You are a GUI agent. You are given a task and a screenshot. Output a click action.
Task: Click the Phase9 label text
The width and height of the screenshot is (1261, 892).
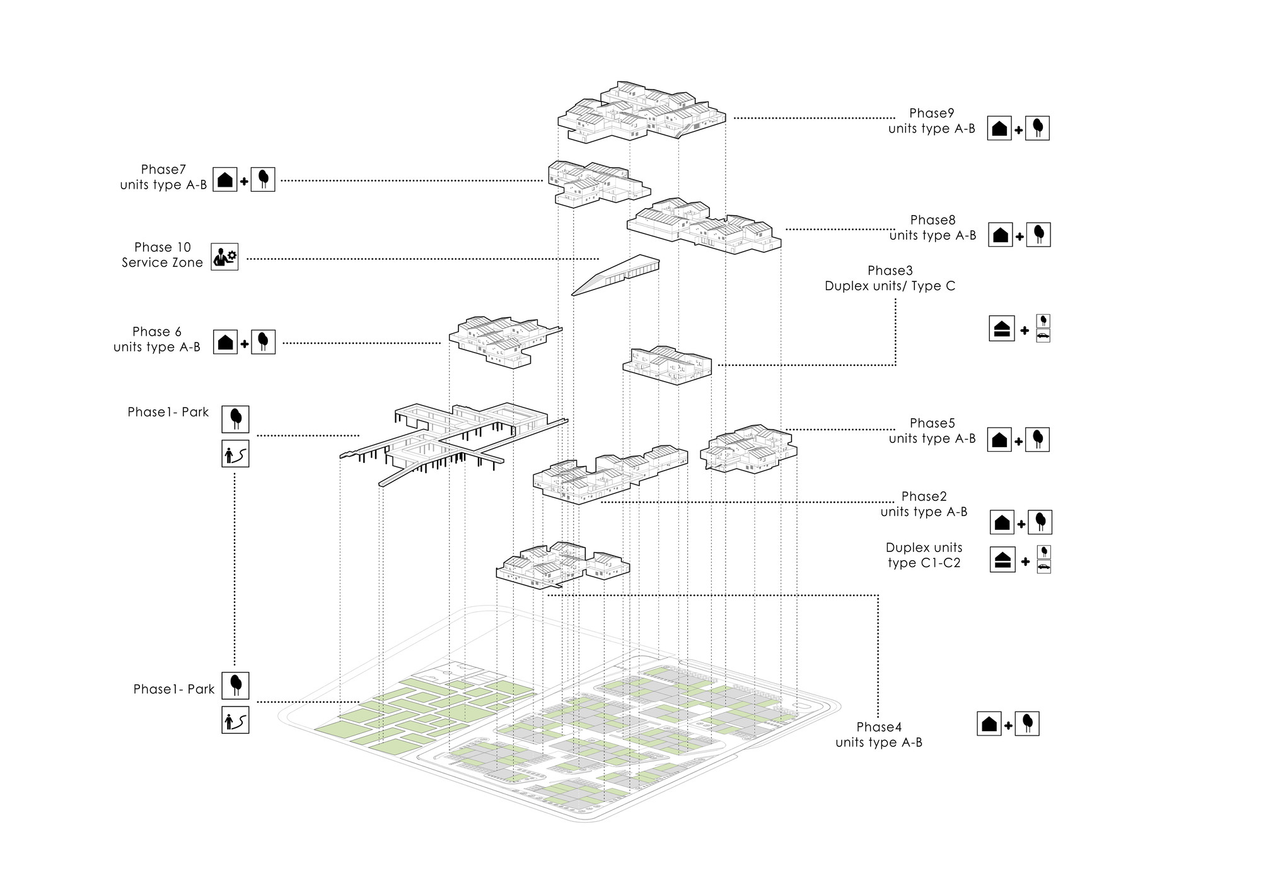931,121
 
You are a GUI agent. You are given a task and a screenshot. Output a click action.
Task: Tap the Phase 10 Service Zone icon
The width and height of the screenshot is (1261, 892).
224,257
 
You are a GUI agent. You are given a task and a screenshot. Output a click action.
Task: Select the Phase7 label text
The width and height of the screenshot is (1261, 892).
163,177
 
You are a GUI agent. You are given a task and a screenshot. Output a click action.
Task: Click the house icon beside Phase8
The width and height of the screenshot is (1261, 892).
1000,235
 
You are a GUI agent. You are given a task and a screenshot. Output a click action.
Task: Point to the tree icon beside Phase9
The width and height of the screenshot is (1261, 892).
1037,128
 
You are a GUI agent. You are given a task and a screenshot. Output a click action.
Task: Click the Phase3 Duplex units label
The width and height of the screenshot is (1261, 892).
890,279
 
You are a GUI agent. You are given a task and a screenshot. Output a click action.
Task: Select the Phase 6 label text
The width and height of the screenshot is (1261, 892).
157,339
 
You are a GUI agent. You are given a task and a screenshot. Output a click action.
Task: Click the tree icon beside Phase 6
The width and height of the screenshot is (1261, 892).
263,341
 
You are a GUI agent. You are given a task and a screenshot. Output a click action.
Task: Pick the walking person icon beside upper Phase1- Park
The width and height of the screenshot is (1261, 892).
235,454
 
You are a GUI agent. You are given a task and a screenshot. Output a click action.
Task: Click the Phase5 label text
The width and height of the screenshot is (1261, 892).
932,431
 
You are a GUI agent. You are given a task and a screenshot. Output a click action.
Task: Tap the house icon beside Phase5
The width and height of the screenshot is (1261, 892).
999,440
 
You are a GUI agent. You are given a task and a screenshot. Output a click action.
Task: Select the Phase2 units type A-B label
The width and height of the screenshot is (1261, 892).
924,504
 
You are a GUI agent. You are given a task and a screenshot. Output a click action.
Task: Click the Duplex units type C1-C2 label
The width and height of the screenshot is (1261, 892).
924,555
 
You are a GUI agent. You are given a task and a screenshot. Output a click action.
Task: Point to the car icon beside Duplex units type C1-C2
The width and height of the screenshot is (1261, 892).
1043,566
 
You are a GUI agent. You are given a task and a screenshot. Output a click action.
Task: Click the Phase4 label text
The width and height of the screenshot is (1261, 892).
879,735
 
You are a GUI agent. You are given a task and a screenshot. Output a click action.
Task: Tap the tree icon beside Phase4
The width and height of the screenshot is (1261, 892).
1027,724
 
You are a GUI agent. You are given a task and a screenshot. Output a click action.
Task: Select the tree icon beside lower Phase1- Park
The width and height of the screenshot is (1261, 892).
235,686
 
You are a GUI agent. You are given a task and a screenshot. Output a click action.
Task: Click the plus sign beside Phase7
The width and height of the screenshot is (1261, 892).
243,182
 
